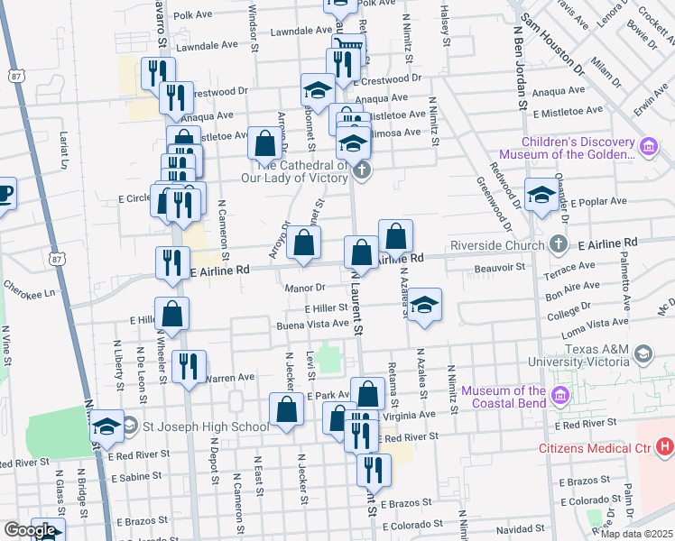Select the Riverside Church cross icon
(559, 244)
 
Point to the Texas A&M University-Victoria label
(578, 355)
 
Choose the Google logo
(30, 530)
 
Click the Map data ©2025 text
(636, 534)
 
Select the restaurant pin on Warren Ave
(189, 366)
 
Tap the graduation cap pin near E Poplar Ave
(541, 196)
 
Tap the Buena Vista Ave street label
(313, 324)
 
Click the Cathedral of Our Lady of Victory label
(303, 171)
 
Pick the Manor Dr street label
(305, 289)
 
